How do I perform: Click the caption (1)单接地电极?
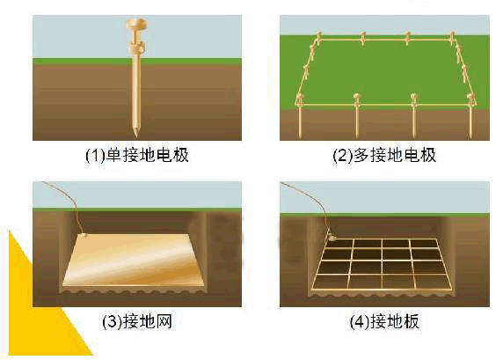point(136,155)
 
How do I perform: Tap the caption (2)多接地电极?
point(384,155)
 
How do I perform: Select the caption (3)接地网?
point(137,321)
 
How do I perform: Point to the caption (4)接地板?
point(384,321)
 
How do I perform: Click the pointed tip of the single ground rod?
point(136,135)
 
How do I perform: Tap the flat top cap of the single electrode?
point(136,24)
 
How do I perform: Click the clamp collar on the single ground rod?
point(136,48)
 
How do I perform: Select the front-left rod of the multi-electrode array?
point(300,115)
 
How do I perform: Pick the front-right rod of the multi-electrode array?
point(470,115)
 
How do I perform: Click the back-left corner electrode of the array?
point(319,37)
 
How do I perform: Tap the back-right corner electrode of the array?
point(452,37)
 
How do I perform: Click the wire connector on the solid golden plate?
point(84,236)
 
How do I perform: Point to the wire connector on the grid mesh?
point(332,239)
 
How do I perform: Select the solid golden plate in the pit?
point(133,261)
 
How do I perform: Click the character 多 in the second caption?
point(361,155)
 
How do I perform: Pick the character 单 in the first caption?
point(114,155)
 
